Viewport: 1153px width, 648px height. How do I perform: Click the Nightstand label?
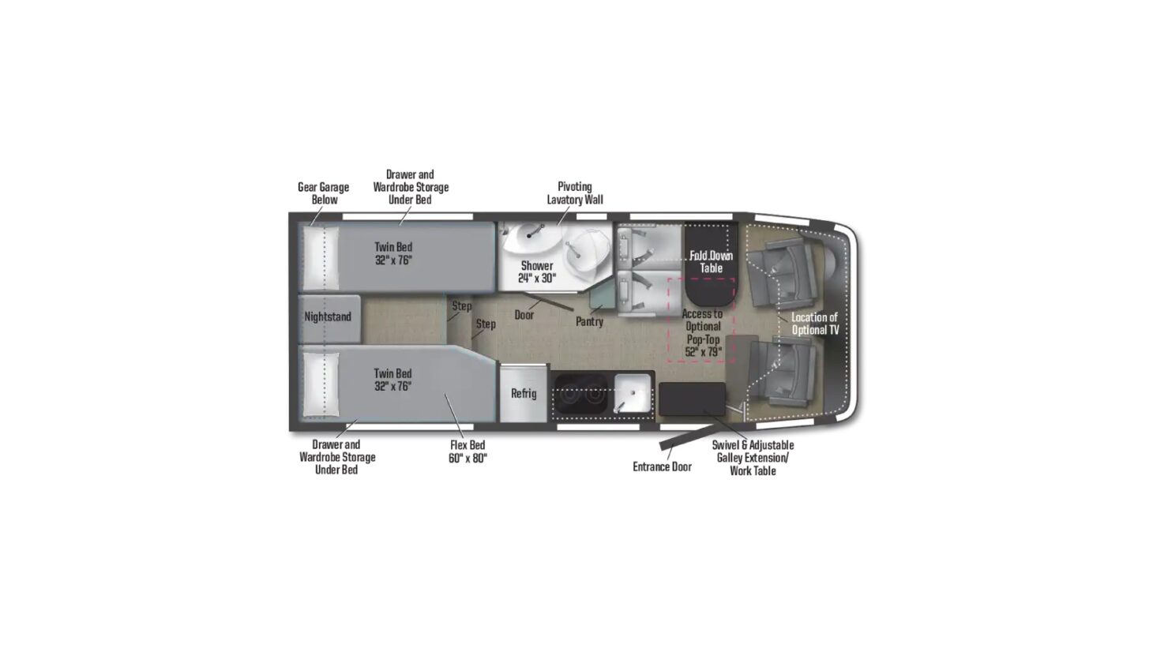(x=328, y=317)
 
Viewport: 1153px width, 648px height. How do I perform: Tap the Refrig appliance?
(x=523, y=393)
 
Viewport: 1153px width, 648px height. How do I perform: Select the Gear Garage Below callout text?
(x=323, y=193)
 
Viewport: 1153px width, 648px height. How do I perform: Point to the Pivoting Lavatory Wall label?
(x=574, y=193)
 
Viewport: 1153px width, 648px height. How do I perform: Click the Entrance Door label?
(x=662, y=467)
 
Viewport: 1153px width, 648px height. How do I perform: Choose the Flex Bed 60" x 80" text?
(x=468, y=451)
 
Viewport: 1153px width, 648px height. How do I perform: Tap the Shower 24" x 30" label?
(x=537, y=272)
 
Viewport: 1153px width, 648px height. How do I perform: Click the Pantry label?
(x=589, y=322)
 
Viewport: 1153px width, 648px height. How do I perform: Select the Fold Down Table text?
(x=711, y=261)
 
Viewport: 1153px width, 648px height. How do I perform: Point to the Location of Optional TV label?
(x=815, y=324)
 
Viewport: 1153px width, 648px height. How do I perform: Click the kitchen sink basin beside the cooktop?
(x=633, y=392)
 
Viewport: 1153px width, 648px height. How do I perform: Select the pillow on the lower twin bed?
(x=321, y=383)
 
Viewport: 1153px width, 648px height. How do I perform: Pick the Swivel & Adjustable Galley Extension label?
(x=753, y=458)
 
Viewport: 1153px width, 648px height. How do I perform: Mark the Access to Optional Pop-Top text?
(x=702, y=332)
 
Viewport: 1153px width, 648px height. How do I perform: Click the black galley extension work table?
(x=692, y=398)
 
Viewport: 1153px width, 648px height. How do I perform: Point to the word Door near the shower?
(x=524, y=315)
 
